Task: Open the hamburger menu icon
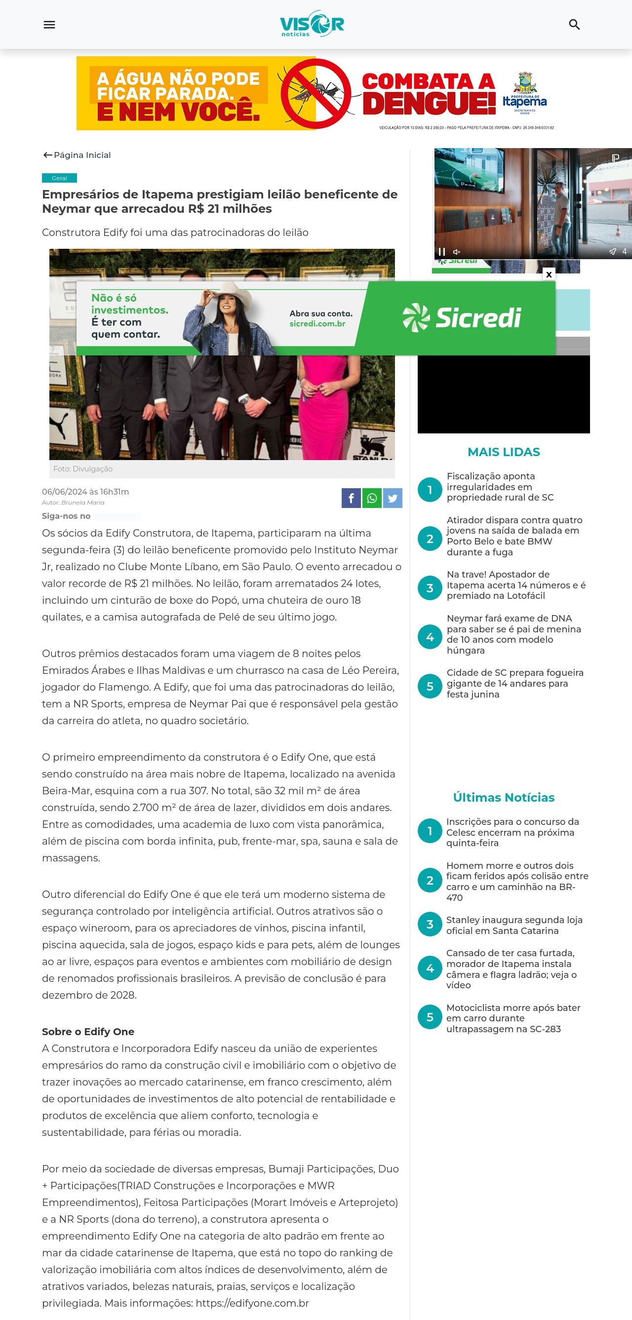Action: coord(49,25)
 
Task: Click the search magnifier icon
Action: coord(574,25)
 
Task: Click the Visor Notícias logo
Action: coord(312,24)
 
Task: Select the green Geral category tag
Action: coord(59,178)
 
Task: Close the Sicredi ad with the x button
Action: coord(549,274)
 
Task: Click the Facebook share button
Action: coord(351,498)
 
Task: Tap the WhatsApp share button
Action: coord(372,498)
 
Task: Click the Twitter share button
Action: coord(393,498)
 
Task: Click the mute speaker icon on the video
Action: coord(457,252)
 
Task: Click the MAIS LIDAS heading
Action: coord(503,452)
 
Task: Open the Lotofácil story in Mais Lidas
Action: coord(515,584)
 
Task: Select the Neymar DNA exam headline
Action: coord(513,634)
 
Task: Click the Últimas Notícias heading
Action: coord(503,797)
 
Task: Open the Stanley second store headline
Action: coord(514,925)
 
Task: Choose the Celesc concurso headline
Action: coord(513,832)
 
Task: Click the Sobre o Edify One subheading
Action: coord(88,1032)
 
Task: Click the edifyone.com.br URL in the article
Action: coord(252,1303)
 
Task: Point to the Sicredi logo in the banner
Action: coord(461,318)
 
